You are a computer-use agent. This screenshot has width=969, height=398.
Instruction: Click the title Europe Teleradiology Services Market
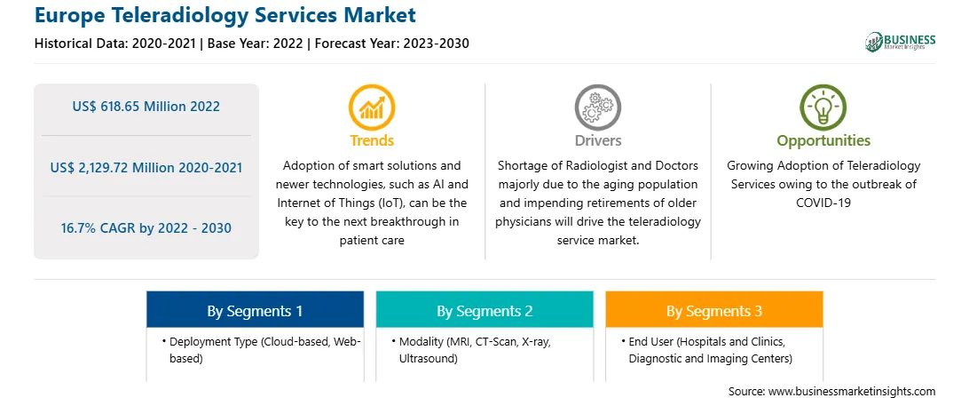pos(225,15)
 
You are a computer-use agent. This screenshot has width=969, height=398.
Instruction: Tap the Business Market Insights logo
pos(901,42)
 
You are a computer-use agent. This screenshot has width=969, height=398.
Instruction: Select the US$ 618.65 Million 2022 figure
pos(146,107)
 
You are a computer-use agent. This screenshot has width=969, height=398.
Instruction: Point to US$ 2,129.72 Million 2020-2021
pos(146,167)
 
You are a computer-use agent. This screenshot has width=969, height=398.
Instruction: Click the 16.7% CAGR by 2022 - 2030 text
pos(146,227)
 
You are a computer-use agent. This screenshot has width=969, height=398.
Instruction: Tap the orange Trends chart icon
pos(372,107)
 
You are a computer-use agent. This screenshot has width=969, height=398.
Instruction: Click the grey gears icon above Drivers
pos(597,107)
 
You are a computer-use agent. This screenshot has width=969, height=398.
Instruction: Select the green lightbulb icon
pos(823,107)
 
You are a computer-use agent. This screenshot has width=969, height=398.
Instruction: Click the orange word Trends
pos(372,140)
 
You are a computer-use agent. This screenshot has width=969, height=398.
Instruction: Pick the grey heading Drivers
pos(597,140)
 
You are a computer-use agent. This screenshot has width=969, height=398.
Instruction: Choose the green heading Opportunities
pos(823,141)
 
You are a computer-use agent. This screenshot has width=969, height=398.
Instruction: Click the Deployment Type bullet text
pos(262,350)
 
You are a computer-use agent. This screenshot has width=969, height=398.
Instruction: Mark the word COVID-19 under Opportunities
pos(823,203)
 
